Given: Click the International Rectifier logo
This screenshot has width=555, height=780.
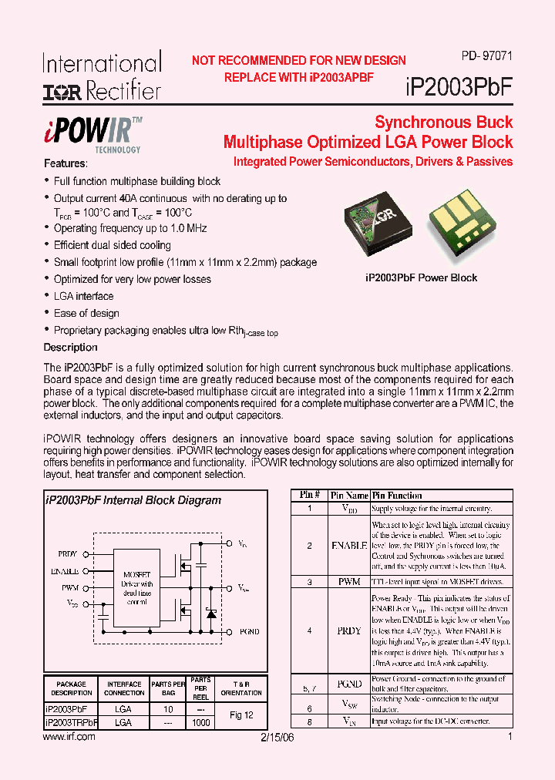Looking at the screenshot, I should pos(102,77).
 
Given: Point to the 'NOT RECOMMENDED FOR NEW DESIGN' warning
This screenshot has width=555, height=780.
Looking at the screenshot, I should pos(298,60).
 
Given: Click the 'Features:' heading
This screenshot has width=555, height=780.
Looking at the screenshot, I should pos(66,163).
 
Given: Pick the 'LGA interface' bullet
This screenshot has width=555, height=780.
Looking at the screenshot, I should pos(83,296).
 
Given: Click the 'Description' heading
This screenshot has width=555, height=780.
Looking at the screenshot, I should pos(70,348).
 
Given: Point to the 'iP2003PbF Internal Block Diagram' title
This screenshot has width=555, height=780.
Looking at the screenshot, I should pos(133,500).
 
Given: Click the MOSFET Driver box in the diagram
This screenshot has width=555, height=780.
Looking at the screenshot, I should pos(137,589).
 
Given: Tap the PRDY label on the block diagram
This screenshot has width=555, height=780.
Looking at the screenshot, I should pos(68,553).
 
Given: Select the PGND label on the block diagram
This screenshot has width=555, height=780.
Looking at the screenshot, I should pos(249,631).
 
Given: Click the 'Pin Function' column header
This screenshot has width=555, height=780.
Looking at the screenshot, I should pos(397,496).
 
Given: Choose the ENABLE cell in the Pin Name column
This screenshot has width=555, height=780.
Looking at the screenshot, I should pos(348,545).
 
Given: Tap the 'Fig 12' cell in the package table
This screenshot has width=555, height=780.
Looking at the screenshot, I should pos(241,715).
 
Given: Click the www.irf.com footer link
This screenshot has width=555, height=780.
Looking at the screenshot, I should pos(69,737).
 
